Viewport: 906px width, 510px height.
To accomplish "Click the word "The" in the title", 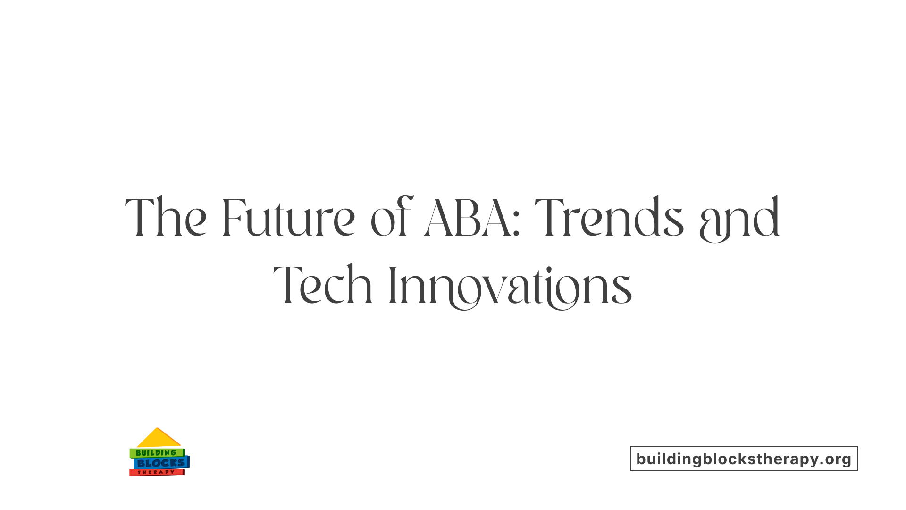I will click(166, 218).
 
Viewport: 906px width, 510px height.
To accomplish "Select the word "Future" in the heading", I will click(288, 218).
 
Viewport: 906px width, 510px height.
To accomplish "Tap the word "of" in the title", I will click(391, 218).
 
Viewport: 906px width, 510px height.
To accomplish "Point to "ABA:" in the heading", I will click(472, 218).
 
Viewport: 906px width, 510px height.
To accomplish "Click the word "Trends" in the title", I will click(609, 218).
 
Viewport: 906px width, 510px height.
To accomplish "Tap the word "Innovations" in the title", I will click(510, 286).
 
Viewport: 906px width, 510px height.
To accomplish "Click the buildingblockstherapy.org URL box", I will click(744, 459).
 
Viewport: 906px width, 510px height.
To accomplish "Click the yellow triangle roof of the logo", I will click(158, 439).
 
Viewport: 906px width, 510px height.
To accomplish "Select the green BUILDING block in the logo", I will click(156, 453).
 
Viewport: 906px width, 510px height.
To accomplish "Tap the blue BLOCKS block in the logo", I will click(161, 463).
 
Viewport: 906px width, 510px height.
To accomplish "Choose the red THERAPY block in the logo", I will click(156, 472).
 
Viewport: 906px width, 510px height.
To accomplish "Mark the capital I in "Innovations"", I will click(392, 285).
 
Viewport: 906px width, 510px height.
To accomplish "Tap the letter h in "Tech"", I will click(361, 285).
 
